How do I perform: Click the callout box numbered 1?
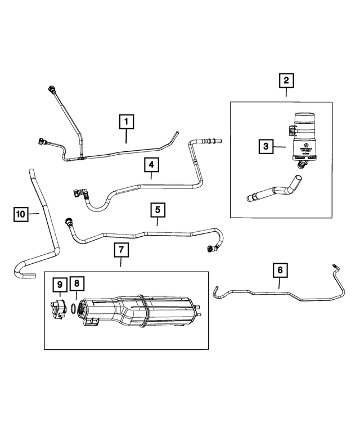coord(126,121)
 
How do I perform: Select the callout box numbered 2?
coord(286,81)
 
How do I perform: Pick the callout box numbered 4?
coord(151,165)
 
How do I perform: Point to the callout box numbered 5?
coord(157,210)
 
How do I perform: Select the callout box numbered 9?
coord(59,285)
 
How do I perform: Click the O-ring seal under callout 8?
coord(75,308)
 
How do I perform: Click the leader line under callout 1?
coord(126,136)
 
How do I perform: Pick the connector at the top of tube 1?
coord(52,89)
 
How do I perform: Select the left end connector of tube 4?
coord(76,193)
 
